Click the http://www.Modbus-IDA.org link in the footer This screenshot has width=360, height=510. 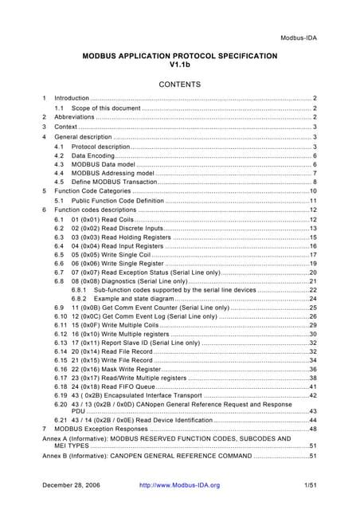pos(179,484)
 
